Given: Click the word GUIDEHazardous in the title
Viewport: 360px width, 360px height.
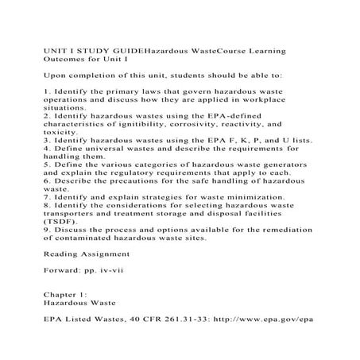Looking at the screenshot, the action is [x=147, y=49].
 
